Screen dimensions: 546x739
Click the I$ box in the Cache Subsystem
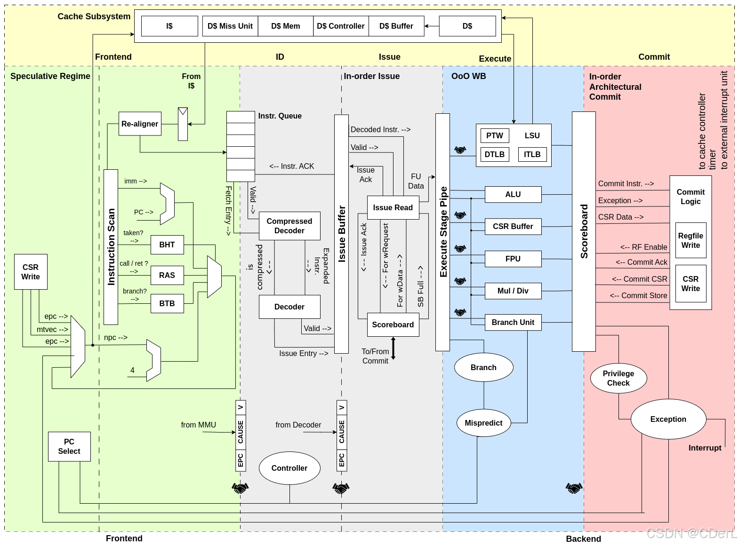tap(169, 26)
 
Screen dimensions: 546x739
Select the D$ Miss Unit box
tap(230, 26)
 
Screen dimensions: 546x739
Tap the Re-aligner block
tap(140, 124)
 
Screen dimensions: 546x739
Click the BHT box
tap(167, 245)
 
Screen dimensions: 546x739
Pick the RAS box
tap(167, 275)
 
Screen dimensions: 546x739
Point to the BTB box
tap(167, 303)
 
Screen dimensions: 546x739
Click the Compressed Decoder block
tap(289, 226)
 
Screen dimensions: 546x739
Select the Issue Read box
tap(393, 207)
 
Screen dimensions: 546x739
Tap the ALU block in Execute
tap(513, 194)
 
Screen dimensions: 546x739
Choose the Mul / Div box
tap(513, 291)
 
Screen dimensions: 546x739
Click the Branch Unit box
tap(513, 322)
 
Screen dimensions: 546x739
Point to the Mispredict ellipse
tap(483, 423)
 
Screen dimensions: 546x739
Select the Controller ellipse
tap(289, 468)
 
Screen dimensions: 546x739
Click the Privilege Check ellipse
tap(619, 378)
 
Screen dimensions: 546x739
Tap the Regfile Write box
tap(691, 240)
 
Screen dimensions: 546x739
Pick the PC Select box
tap(69, 446)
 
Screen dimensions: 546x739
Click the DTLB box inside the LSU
tap(495, 154)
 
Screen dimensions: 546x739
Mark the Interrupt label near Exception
tap(705, 448)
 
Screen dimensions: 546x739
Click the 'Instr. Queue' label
tap(280, 116)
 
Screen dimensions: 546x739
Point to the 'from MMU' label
tap(198, 425)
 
